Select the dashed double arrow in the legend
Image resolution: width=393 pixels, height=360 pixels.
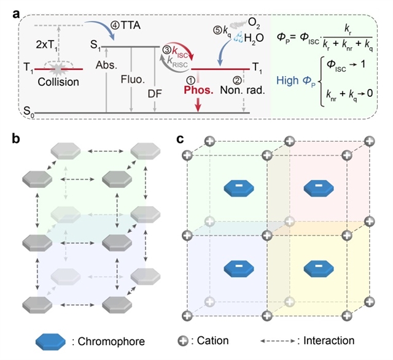coord(282,340)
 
